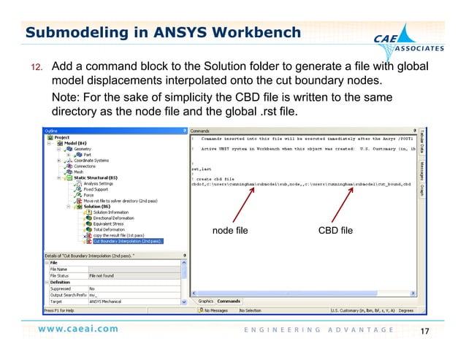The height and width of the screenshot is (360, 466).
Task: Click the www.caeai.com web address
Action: coord(79,329)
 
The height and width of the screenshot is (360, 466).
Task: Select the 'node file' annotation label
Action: coord(229,231)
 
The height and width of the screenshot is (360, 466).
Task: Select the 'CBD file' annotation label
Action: coord(336,231)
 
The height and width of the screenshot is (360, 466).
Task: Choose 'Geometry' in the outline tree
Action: coord(83,148)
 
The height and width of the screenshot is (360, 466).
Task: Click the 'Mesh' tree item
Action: coord(78,172)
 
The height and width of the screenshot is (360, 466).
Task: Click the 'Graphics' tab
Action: coord(205,301)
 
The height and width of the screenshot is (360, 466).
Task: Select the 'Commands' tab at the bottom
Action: coord(229,301)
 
